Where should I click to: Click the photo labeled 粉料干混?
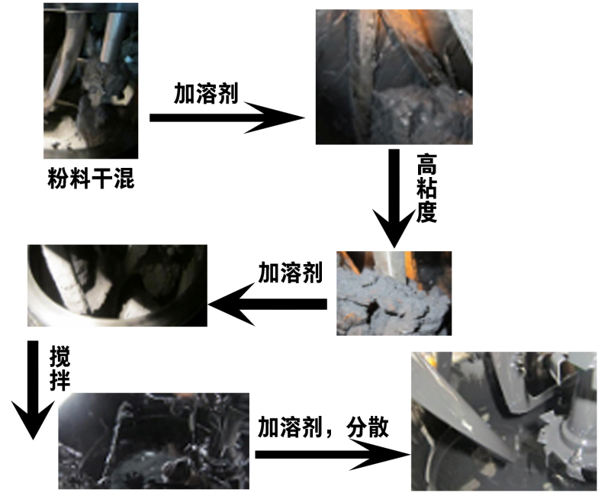point(91,81)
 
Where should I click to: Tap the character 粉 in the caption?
point(58,179)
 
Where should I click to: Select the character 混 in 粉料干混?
point(124,179)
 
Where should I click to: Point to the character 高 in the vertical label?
point(426,165)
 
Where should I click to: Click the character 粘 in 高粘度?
point(426,188)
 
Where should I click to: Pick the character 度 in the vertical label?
point(426,212)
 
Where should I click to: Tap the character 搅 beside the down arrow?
point(59,357)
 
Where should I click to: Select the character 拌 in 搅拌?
point(59,381)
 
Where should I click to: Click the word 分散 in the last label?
point(368,427)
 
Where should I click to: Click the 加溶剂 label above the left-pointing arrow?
point(291,272)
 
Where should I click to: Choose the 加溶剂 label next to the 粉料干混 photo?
point(206,93)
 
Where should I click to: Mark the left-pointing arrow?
point(268,304)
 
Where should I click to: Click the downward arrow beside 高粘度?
point(394,198)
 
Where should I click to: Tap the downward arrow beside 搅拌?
point(33,391)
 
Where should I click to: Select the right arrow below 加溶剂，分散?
point(333,454)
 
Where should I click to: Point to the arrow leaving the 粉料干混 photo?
point(227,118)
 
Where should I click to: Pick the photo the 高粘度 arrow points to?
point(394,293)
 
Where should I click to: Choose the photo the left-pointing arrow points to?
point(117,285)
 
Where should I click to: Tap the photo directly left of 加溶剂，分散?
point(153,441)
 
